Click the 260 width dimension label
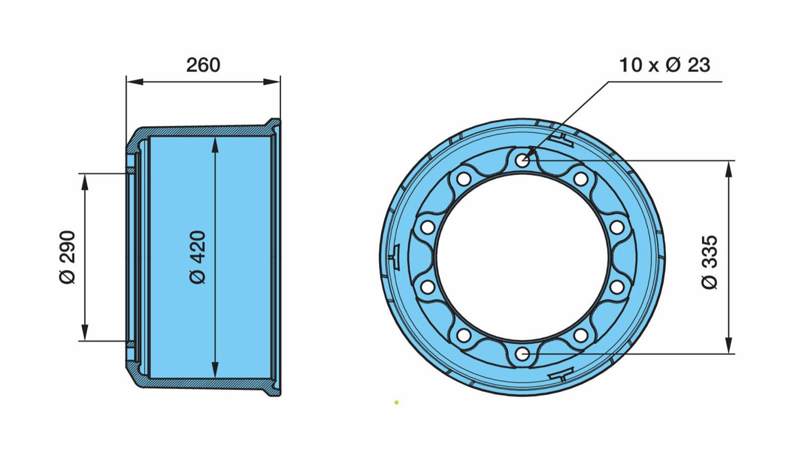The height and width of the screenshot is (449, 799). [203, 65]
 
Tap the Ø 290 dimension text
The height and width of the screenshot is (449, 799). [67, 257]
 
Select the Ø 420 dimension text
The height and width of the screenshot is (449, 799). [198, 257]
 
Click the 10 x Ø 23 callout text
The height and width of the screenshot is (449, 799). [665, 65]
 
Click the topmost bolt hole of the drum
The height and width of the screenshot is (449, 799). [522, 160]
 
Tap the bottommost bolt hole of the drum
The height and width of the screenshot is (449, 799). [522, 354]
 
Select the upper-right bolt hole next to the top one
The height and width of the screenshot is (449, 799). [581, 179]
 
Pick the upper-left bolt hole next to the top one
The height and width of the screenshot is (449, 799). [464, 179]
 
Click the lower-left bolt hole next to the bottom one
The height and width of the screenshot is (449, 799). [464, 335]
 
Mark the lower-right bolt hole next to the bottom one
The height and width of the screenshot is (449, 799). [581, 335]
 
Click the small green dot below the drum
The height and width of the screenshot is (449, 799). [397, 402]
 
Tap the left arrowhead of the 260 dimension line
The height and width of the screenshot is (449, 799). [134, 82]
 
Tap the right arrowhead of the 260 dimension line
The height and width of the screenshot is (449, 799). [272, 82]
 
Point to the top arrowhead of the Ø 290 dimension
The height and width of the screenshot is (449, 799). [84, 182]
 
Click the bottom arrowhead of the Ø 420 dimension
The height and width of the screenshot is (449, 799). [215, 370]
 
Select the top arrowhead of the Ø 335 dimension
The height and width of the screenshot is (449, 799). [729, 169]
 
